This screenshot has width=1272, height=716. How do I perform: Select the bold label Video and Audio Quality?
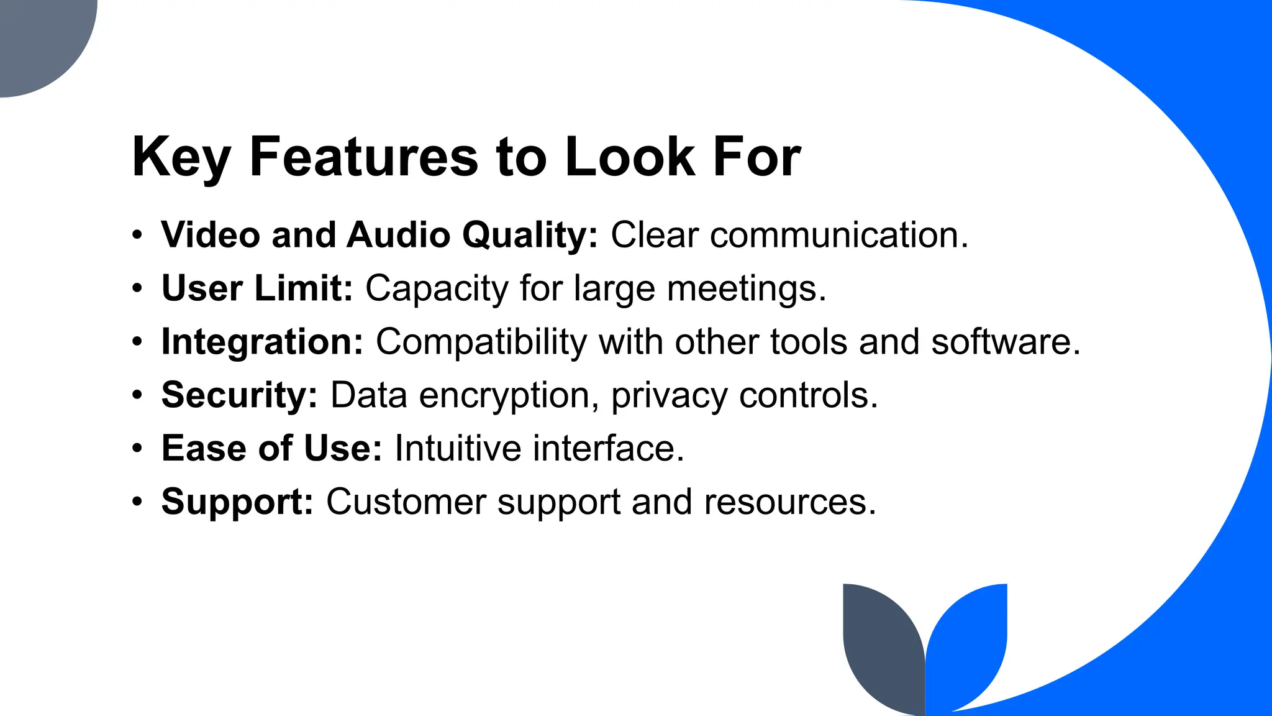click(379, 235)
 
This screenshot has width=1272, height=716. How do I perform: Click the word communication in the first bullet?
click(838, 235)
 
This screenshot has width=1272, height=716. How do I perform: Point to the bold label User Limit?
click(257, 288)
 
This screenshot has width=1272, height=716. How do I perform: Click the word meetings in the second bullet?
click(745, 290)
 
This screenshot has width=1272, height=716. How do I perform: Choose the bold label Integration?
click(262, 342)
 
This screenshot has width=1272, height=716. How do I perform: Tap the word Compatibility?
click(481, 342)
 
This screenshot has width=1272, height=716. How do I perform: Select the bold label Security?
click(239, 395)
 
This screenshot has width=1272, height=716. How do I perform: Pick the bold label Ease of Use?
click(271, 448)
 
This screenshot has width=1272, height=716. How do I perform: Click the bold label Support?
click(237, 502)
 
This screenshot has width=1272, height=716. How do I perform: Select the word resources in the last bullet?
click(789, 502)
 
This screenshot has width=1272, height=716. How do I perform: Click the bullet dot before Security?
click(137, 395)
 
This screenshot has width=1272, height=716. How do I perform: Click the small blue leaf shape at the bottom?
click(969, 646)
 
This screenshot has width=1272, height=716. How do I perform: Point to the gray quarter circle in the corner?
click(37, 37)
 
